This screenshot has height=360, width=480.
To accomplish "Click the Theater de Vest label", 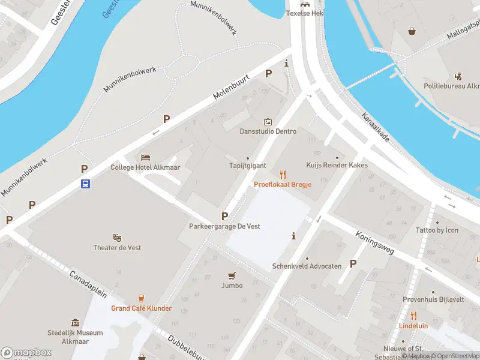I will pos(118,248).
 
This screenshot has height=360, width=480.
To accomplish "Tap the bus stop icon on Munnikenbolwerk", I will pos(86,184).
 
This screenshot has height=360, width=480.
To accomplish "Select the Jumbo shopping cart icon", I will pos(232,275).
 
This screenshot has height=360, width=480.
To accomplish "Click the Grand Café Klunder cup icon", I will pos(142,298).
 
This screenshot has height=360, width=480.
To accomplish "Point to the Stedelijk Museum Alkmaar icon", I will pos(75,323).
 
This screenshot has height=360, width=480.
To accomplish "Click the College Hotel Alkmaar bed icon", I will pos(145,158).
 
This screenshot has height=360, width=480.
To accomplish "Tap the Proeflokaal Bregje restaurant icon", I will pos(283,175).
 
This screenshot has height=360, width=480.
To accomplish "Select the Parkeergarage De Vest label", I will pos(224,226).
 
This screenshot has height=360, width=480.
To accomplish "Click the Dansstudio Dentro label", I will pos(268,131).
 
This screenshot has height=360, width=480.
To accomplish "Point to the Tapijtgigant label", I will pos(247,166).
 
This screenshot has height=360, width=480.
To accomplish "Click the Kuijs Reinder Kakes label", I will pos(337,165).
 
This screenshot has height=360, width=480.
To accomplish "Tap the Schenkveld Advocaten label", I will pos(307,266).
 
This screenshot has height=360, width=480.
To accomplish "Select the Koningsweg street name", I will pos(374,243).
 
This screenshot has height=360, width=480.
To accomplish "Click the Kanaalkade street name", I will pos(376,127).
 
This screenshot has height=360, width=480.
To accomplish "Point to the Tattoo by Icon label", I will pos(437,230).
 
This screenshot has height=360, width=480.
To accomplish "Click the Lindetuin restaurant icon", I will pos(413,316).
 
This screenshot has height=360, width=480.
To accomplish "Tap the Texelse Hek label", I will pos(305,13).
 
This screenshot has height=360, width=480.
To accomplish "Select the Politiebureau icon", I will pos(459,76).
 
